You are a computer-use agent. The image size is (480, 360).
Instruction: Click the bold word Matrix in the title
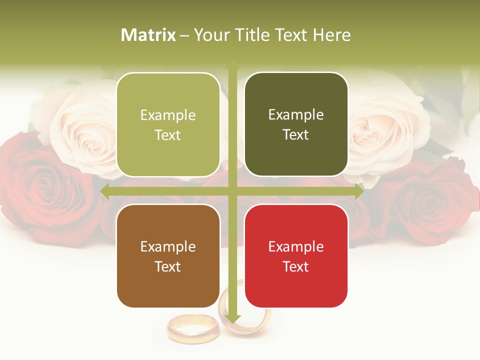tap(148, 35)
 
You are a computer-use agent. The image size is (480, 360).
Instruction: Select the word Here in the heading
tap(331, 35)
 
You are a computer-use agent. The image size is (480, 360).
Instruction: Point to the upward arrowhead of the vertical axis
tap(232, 64)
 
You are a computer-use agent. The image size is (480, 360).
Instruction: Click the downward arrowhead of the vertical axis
tap(232, 319)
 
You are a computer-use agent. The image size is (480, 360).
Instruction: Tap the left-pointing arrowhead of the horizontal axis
tap(105, 191)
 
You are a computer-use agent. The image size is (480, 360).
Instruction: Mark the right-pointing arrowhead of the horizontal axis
tap(359, 191)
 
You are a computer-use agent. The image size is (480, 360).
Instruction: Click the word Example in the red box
tap(296, 246)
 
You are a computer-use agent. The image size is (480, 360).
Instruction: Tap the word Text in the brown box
tap(168, 266)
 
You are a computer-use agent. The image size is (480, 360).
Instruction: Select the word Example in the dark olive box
tap(296, 114)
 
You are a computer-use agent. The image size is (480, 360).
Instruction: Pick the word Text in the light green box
tap(168, 135)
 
